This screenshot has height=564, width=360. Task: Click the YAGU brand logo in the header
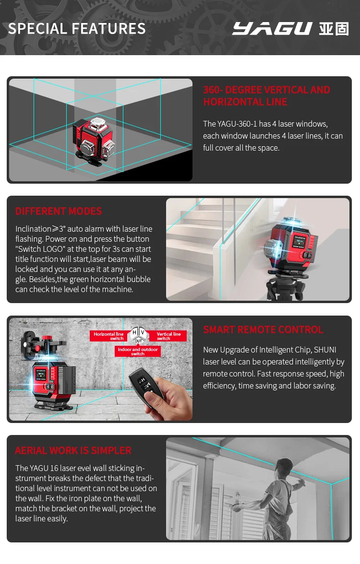click(272, 29)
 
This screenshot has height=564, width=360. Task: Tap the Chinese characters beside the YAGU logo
click(334, 29)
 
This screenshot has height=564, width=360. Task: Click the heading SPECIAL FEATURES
click(77, 29)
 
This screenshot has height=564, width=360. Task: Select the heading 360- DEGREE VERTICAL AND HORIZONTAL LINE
click(266, 95)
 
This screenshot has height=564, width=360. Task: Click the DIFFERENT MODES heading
click(59, 211)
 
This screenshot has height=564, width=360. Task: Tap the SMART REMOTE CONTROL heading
click(263, 329)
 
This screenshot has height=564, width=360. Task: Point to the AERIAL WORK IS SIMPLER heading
click(73, 450)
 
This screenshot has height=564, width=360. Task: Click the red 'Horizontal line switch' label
click(108, 336)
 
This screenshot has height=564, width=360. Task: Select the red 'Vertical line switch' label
click(168, 336)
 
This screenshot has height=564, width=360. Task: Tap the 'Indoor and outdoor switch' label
click(138, 352)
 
